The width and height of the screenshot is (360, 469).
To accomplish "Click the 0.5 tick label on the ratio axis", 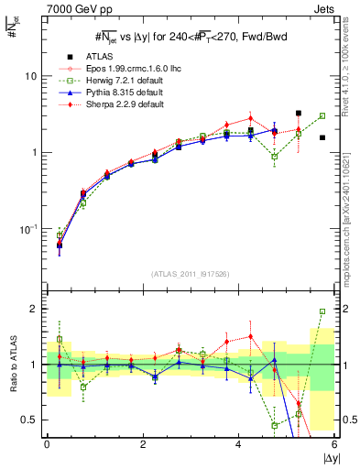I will (29, 420).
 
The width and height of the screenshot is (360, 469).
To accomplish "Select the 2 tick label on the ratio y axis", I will (34, 309).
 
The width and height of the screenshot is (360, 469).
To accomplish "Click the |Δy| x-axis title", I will (326, 457).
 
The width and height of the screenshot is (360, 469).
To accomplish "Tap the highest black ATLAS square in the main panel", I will (299, 114).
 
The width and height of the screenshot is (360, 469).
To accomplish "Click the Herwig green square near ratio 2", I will (322, 311).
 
